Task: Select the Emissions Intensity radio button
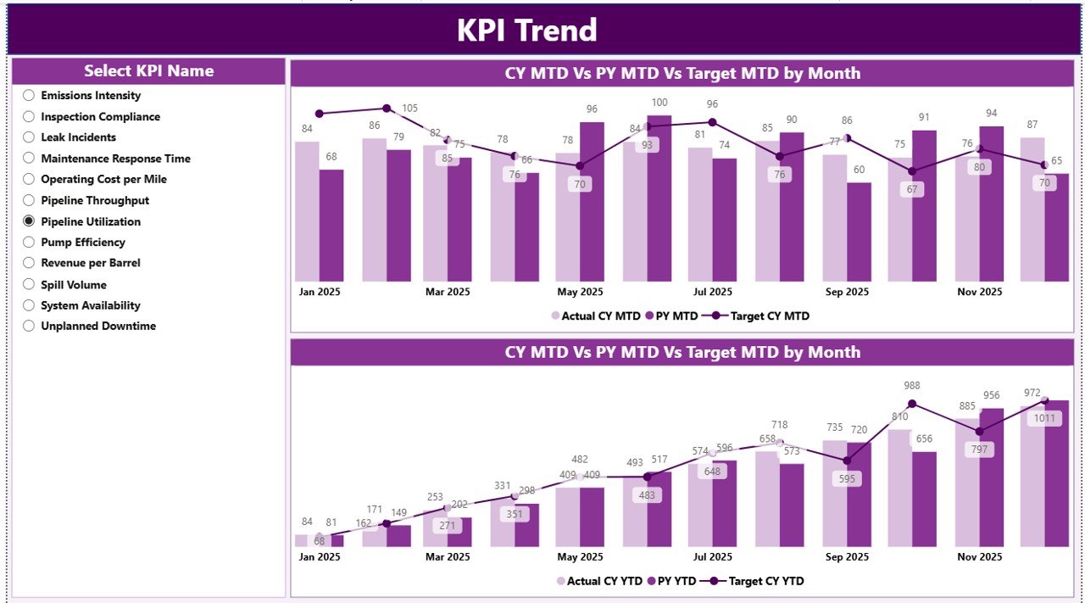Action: click(29, 96)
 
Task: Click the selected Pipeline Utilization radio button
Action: click(29, 221)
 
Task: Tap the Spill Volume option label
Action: click(74, 285)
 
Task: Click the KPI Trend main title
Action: click(526, 31)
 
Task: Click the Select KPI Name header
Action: click(148, 71)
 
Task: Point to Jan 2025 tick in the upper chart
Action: click(320, 292)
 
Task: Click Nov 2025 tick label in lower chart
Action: click(979, 557)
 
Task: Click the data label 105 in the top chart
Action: click(410, 109)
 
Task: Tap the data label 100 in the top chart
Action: click(659, 103)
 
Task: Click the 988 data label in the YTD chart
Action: click(912, 386)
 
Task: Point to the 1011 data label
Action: click(1044, 418)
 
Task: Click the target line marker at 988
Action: click(912, 404)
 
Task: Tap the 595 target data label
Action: click(846, 478)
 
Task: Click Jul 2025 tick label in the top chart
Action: click(712, 292)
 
